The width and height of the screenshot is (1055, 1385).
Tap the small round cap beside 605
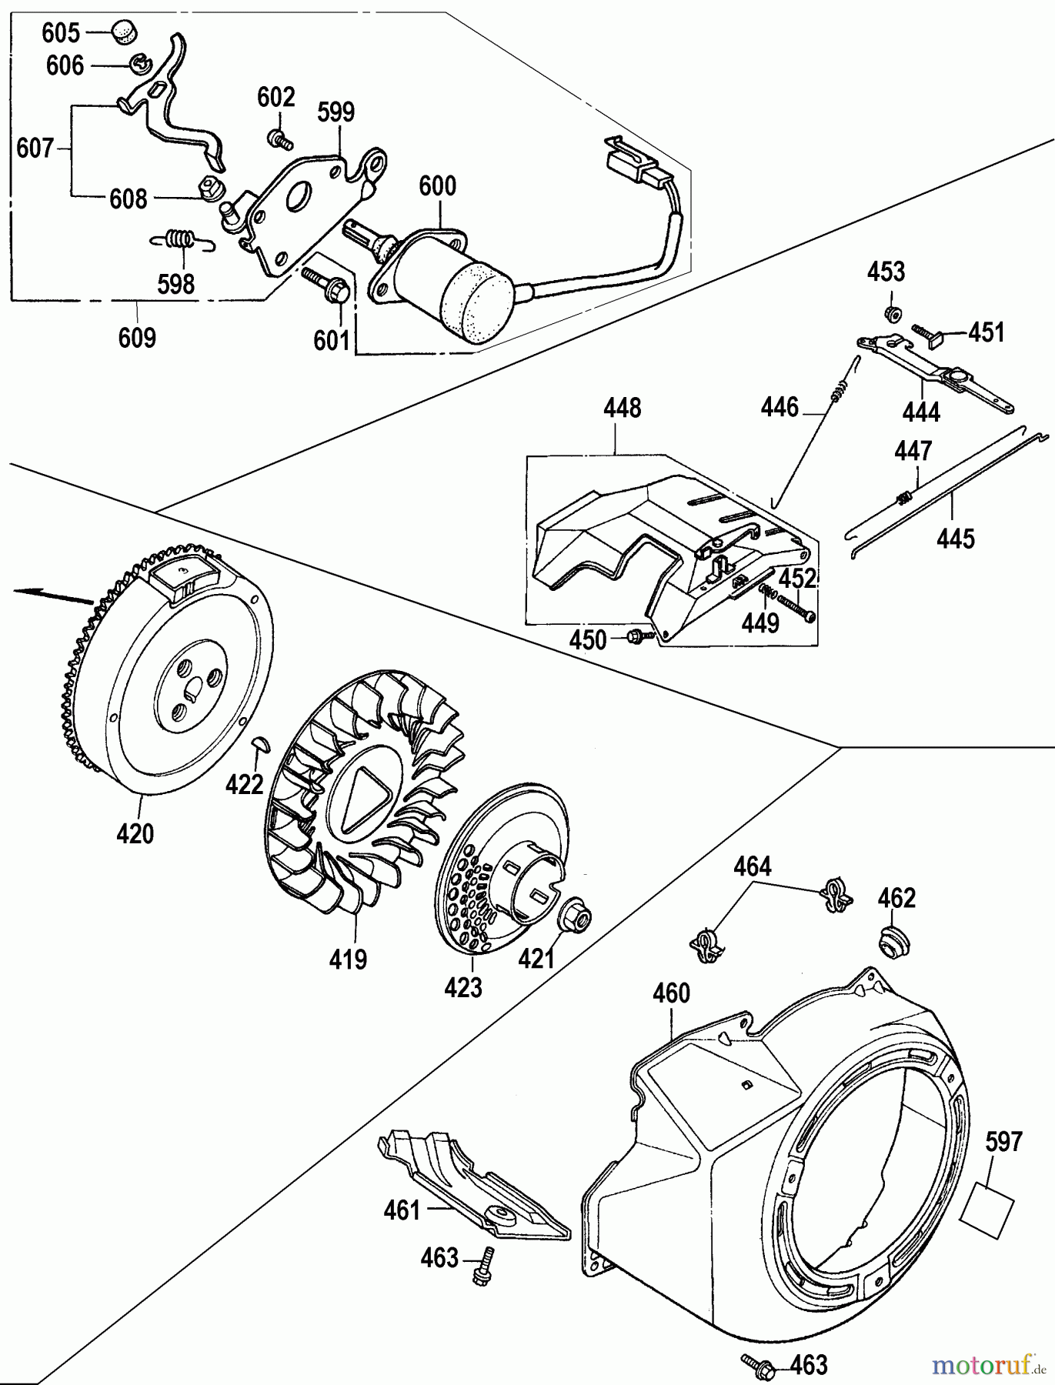pyautogui.click(x=122, y=31)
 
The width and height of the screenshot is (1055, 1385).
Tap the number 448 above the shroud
pyautogui.click(x=623, y=408)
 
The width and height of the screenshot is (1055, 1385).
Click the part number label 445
pyautogui.click(x=956, y=538)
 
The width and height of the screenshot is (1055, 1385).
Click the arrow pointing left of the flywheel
pyautogui.click(x=50, y=592)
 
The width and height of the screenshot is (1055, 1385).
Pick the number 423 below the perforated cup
pyautogui.click(x=463, y=986)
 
